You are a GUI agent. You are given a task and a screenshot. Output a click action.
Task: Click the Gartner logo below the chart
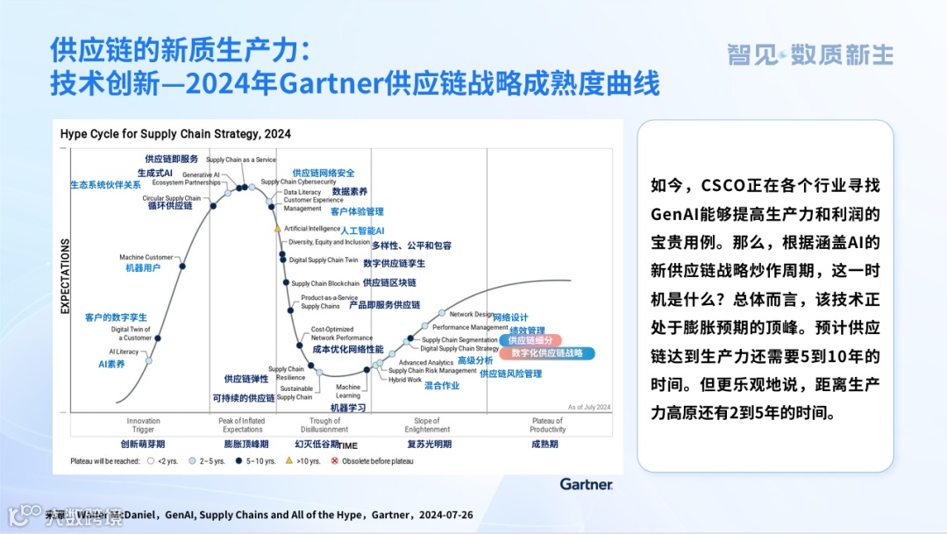[x=586, y=483]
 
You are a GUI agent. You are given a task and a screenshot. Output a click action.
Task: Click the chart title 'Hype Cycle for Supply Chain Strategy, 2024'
[x=175, y=134]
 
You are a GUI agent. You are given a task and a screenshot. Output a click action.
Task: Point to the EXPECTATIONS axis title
[x=65, y=275]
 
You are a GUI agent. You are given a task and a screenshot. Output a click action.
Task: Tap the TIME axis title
[x=348, y=444]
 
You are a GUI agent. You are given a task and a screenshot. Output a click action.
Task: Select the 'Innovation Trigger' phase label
[x=144, y=425]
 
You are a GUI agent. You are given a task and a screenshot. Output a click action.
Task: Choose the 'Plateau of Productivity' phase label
[x=547, y=425]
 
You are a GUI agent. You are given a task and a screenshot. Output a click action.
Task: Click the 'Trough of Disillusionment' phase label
[x=324, y=425]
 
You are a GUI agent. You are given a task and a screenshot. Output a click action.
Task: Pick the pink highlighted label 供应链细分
[x=529, y=340]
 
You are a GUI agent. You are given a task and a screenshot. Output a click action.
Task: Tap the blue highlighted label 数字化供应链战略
[x=547, y=353]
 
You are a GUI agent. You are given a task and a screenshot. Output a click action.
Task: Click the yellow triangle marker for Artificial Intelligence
[x=278, y=229]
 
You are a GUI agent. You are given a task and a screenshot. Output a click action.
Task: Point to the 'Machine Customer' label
[x=146, y=258]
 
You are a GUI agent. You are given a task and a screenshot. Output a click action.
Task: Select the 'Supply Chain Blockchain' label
[x=325, y=283]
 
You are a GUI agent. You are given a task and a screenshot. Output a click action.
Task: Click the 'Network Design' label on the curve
[x=471, y=314]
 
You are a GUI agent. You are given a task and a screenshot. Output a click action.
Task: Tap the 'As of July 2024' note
[x=588, y=407]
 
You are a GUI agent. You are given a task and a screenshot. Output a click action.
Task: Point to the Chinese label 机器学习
[x=347, y=408]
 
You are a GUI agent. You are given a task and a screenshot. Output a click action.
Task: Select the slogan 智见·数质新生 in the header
[x=810, y=54]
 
